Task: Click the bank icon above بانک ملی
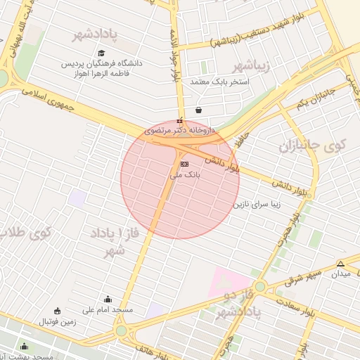(185, 163)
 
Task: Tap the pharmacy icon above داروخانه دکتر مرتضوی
(180, 120)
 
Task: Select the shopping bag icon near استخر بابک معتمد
(199, 110)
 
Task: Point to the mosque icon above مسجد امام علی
(108, 299)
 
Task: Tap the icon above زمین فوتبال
(57, 311)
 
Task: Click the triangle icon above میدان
(340, 264)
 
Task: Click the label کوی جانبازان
(313, 146)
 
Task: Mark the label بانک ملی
(186, 174)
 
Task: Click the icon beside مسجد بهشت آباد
(25, 346)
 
